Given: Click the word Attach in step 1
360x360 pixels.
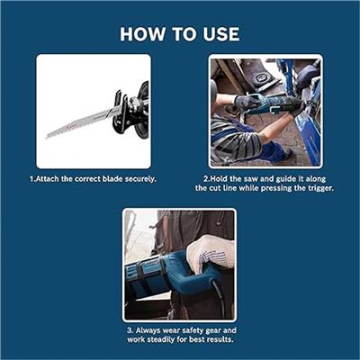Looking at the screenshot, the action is [x=47, y=179].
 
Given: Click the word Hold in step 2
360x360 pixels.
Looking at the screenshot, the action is [x=219, y=179].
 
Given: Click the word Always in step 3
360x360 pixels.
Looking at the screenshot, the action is [x=148, y=330].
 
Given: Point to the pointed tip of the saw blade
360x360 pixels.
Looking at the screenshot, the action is [x=46, y=138].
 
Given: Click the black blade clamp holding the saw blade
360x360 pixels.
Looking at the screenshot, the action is [x=120, y=110].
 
